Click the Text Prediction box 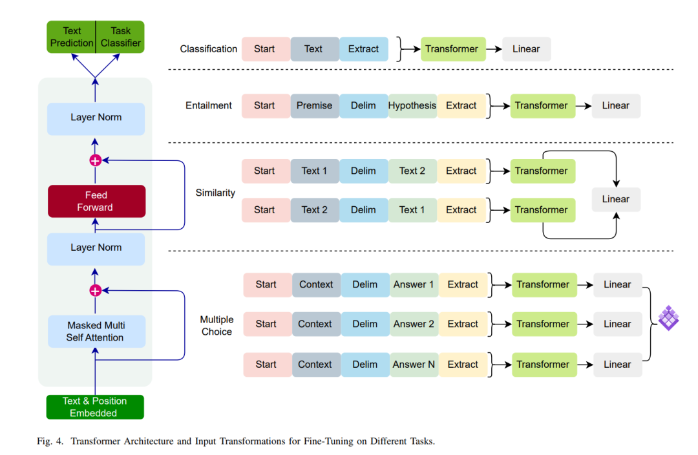(71, 37)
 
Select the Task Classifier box (120, 37)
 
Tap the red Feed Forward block (96, 201)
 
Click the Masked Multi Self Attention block (96, 332)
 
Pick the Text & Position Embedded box (95, 407)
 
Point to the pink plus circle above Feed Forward (95, 160)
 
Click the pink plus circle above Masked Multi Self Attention (95, 291)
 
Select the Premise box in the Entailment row (315, 106)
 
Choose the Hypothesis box (412, 106)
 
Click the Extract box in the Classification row (364, 49)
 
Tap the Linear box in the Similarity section (616, 200)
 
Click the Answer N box (414, 365)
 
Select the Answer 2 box (414, 324)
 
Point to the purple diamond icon (669, 318)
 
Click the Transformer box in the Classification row (453, 49)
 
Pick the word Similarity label (215, 193)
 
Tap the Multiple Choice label (217, 326)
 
